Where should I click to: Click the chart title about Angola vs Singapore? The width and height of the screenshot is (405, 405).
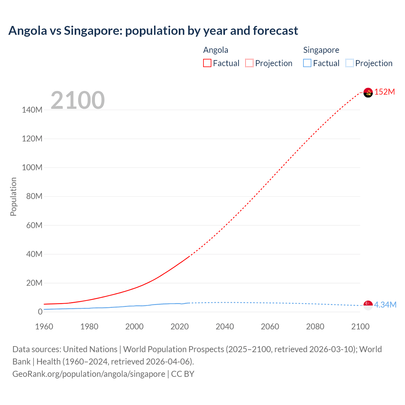153,31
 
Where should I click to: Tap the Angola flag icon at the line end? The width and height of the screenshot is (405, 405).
368,92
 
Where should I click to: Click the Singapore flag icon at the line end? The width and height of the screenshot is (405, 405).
368,305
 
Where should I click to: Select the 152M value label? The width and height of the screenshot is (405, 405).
385,92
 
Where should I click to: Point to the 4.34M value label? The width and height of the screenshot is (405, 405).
385,305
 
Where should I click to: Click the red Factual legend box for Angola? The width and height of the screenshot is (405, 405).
207,63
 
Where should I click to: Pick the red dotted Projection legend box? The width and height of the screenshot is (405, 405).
249,63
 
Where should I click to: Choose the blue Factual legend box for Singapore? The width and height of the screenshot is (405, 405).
307,63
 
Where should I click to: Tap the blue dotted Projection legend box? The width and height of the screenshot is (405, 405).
349,63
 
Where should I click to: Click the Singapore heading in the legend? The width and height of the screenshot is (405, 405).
321,50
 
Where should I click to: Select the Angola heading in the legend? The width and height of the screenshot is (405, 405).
215,50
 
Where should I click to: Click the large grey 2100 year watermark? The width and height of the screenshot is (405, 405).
78,100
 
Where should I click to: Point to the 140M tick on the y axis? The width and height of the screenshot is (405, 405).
32,110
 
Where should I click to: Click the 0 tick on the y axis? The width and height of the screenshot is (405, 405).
40,312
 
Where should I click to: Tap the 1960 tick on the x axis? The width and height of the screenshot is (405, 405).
44,327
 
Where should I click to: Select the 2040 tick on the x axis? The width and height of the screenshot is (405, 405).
225,327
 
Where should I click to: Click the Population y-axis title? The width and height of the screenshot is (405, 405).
13,196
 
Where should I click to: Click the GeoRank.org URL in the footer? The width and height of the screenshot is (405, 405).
89,374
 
